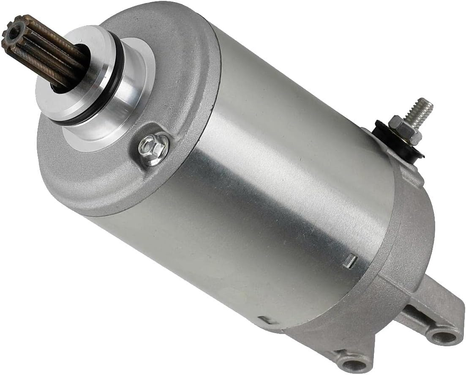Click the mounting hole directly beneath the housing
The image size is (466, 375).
[x=354, y=363]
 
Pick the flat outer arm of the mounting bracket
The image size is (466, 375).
[x=439, y=309]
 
